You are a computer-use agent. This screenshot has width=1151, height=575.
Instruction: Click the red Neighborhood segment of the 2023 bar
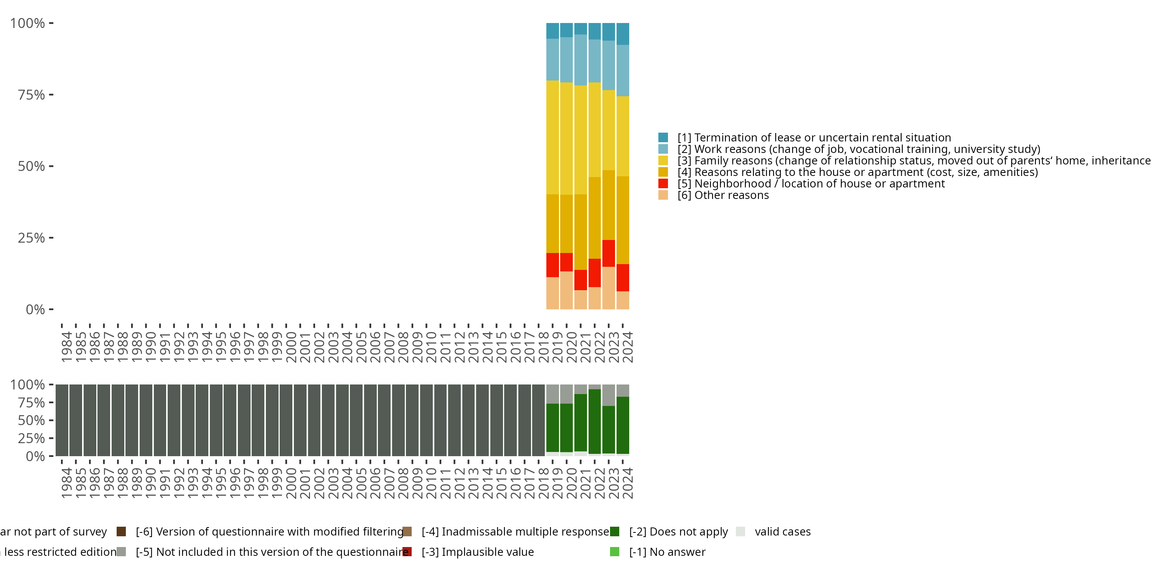point(608,253)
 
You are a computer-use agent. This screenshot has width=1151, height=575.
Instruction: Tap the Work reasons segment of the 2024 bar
point(623,71)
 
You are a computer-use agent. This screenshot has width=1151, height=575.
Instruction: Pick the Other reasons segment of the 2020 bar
point(567,290)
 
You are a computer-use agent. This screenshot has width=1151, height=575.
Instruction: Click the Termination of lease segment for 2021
point(580,29)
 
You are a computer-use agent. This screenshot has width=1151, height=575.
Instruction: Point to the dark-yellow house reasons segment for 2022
point(595,218)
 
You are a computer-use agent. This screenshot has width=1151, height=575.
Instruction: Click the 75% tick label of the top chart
point(31,95)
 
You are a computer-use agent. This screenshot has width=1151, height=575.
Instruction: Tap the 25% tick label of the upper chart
point(31,238)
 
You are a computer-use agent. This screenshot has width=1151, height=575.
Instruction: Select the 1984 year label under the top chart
point(67,347)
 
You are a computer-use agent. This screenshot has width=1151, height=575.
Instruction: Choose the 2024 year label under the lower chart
point(628,483)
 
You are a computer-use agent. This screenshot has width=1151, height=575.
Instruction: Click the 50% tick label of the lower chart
point(31,421)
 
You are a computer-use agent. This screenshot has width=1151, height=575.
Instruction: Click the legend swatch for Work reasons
point(663,149)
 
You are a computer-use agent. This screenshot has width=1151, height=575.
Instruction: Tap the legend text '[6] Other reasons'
point(723,195)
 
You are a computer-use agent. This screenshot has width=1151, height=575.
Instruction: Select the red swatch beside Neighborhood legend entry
point(663,184)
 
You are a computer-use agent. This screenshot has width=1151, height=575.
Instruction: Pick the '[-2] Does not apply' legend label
point(678,532)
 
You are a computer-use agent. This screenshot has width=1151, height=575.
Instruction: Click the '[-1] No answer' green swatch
point(615,552)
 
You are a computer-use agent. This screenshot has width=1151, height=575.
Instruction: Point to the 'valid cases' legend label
point(782,532)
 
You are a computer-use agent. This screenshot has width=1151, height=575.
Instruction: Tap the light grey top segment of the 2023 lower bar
point(608,395)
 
